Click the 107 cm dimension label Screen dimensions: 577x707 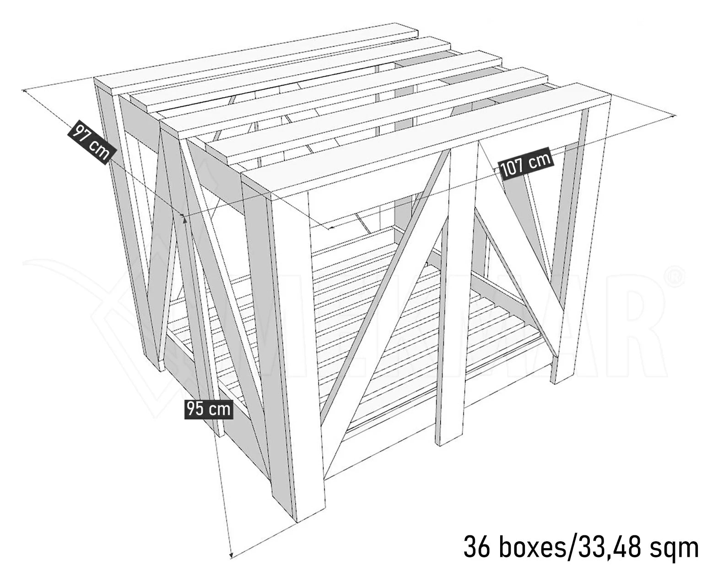coord(526,163)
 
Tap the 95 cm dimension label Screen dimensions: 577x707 coord(209,408)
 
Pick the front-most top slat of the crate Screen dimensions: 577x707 coord(426,137)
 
